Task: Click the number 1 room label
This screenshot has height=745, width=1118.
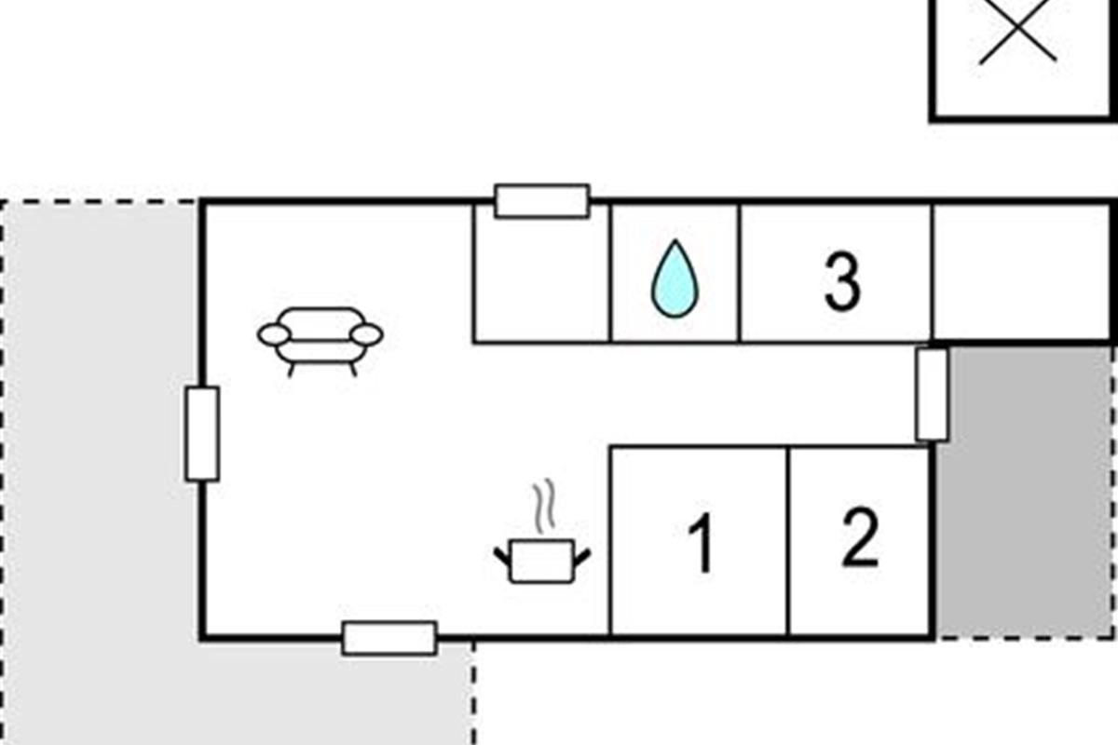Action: click(x=700, y=543)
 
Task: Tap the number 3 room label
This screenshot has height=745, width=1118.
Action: click(x=841, y=281)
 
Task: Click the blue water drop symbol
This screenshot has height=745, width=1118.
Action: click(x=675, y=278)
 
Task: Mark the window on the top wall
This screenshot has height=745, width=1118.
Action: click(x=541, y=201)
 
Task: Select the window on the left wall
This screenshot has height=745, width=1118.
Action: click(x=202, y=434)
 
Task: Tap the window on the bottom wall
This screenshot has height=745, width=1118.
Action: click(x=389, y=639)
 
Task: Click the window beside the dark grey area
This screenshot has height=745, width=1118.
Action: click(x=932, y=394)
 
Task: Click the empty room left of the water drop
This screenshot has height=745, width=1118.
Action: click(x=541, y=279)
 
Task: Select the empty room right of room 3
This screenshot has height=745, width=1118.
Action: click(x=1023, y=272)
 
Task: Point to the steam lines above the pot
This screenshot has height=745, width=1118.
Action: click(x=543, y=506)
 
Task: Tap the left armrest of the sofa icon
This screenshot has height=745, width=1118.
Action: click(x=274, y=334)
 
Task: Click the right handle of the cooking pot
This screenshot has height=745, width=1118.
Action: click(x=581, y=558)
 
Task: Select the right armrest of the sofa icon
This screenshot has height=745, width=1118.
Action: click(x=367, y=334)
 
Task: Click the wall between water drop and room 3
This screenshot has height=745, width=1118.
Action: click(x=740, y=273)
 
